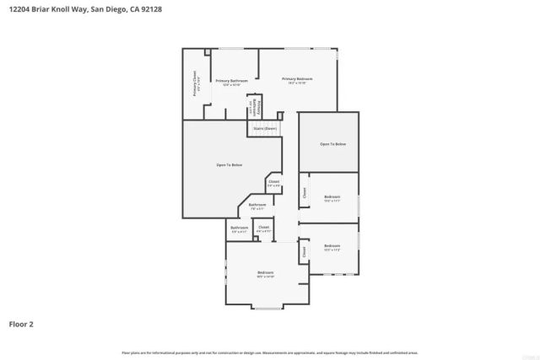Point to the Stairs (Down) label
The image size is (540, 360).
pos(265,128)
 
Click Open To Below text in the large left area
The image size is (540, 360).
pos(229,164)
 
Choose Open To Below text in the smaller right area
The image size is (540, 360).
pos(332,144)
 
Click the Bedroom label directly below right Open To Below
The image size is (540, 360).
pos(332,197)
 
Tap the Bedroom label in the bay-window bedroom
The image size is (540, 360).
pos(266,272)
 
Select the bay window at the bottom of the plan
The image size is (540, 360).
pos(267,307)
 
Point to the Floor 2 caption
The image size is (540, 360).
pos(21,324)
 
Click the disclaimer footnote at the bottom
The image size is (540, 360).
pos(269,352)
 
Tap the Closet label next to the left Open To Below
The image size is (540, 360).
pos(273,182)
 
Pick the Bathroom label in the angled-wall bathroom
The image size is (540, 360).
pos(257,205)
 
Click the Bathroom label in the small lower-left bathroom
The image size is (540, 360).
pos(240,228)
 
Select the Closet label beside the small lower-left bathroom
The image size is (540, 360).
pos(263,228)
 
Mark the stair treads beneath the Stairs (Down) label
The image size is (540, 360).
pos(264,135)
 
